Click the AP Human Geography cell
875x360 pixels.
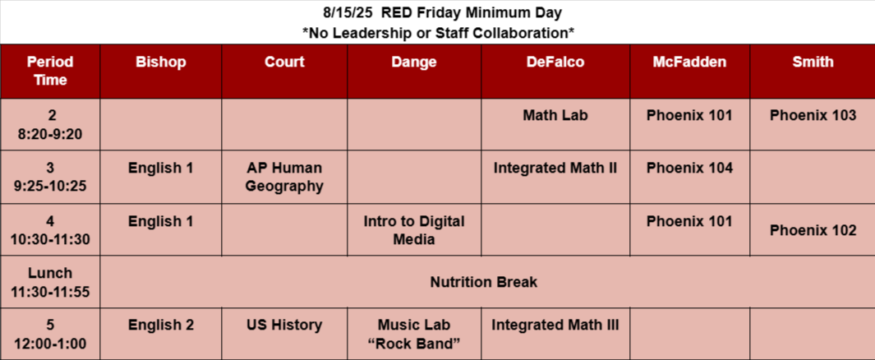click(284, 177)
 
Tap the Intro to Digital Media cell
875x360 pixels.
click(414, 230)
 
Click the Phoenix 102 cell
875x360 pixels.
click(813, 230)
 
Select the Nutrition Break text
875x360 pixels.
click(484, 282)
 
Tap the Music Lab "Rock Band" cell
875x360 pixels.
click(414, 334)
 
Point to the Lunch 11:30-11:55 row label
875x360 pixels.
click(50, 282)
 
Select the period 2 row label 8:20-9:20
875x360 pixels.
click(50, 124)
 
